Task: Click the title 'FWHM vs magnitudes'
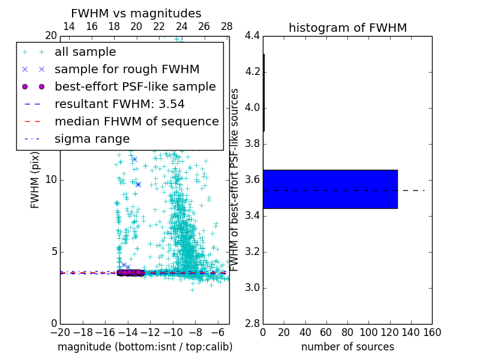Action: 136,14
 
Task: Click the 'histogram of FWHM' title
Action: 347,28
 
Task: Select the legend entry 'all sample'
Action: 85,52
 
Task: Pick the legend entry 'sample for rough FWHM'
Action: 127,69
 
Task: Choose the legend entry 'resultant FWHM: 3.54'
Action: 119,104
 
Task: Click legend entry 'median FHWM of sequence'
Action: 136,121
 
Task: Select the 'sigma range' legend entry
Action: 92,139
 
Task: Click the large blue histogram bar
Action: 330,189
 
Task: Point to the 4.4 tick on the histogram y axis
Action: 251,36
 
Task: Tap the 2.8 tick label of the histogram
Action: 251,323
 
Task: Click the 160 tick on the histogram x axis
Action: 432,332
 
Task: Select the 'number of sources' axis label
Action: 347,347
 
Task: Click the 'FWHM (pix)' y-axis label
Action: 35,180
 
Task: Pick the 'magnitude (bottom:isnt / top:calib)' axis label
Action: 145,347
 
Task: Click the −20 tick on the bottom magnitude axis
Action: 60,332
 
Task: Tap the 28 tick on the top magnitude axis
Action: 227,26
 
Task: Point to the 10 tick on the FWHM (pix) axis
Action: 51,180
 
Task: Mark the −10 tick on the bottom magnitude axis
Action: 173,332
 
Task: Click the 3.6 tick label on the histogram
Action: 251,180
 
